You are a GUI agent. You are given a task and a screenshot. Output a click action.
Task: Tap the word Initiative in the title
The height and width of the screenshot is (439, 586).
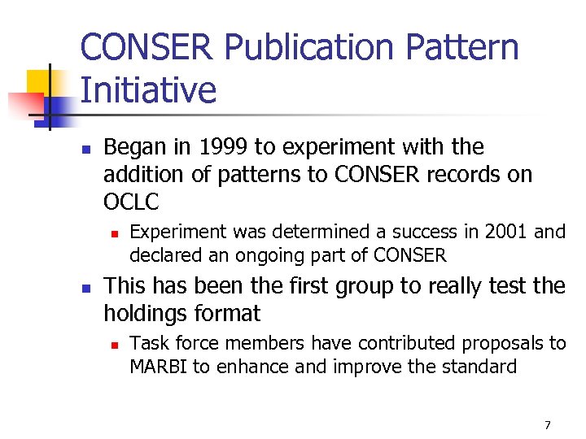point(149,90)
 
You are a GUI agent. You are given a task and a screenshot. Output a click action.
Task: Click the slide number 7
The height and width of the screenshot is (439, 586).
point(547,425)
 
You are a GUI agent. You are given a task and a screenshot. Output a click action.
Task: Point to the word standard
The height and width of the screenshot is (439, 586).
point(479,367)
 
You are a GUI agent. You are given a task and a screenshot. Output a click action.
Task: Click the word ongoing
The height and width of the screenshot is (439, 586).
point(269,255)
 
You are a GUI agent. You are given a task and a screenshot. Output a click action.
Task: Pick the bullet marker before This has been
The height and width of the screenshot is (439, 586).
point(86,287)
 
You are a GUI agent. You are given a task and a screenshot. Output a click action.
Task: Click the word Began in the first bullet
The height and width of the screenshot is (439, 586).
point(133,147)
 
